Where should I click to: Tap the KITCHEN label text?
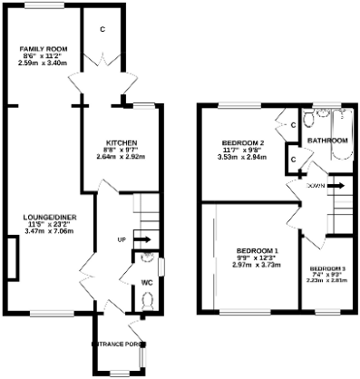(121, 143)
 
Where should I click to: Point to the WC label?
(146, 282)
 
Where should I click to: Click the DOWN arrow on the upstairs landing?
(332, 185)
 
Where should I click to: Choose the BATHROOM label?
(326, 141)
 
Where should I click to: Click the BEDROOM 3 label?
(327, 268)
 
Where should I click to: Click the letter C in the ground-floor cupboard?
(102, 29)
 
